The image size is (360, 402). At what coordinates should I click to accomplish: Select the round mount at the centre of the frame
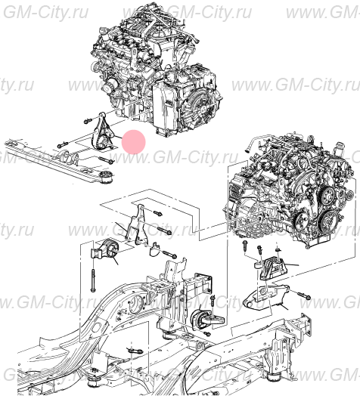coord(202,320)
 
